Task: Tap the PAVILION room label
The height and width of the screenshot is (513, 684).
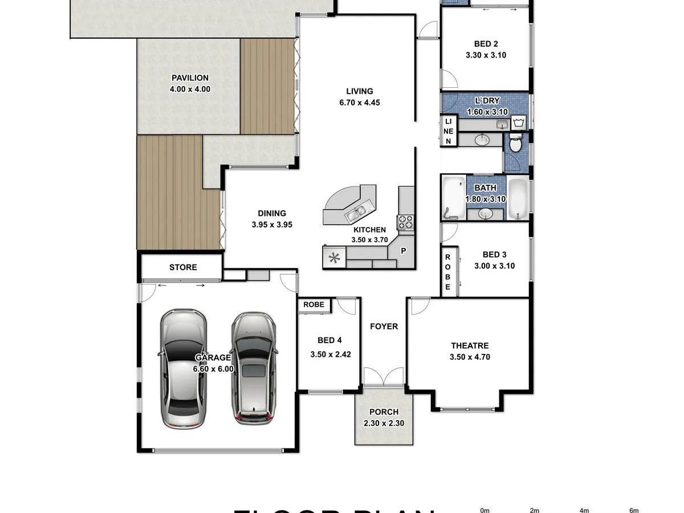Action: (x=190, y=78)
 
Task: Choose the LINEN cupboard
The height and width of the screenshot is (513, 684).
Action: (x=449, y=131)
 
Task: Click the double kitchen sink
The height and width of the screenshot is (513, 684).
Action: (x=357, y=213)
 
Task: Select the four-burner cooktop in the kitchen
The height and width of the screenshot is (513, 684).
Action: (x=406, y=222)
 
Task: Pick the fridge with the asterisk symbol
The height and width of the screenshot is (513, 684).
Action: (x=334, y=258)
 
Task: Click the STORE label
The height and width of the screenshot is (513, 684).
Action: (x=183, y=267)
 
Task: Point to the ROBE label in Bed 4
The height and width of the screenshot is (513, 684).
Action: (x=313, y=305)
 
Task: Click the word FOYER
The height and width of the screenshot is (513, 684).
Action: (x=384, y=327)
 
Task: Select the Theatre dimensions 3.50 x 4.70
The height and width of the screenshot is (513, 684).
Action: (x=470, y=357)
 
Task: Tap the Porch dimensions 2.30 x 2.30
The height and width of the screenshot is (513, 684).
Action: (x=384, y=424)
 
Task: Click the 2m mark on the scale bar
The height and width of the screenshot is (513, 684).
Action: (x=534, y=510)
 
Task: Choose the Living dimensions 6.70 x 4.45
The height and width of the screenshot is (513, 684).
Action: (x=359, y=103)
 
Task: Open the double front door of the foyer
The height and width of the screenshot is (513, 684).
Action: (x=384, y=377)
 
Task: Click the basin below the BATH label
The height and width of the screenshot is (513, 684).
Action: (x=486, y=214)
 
